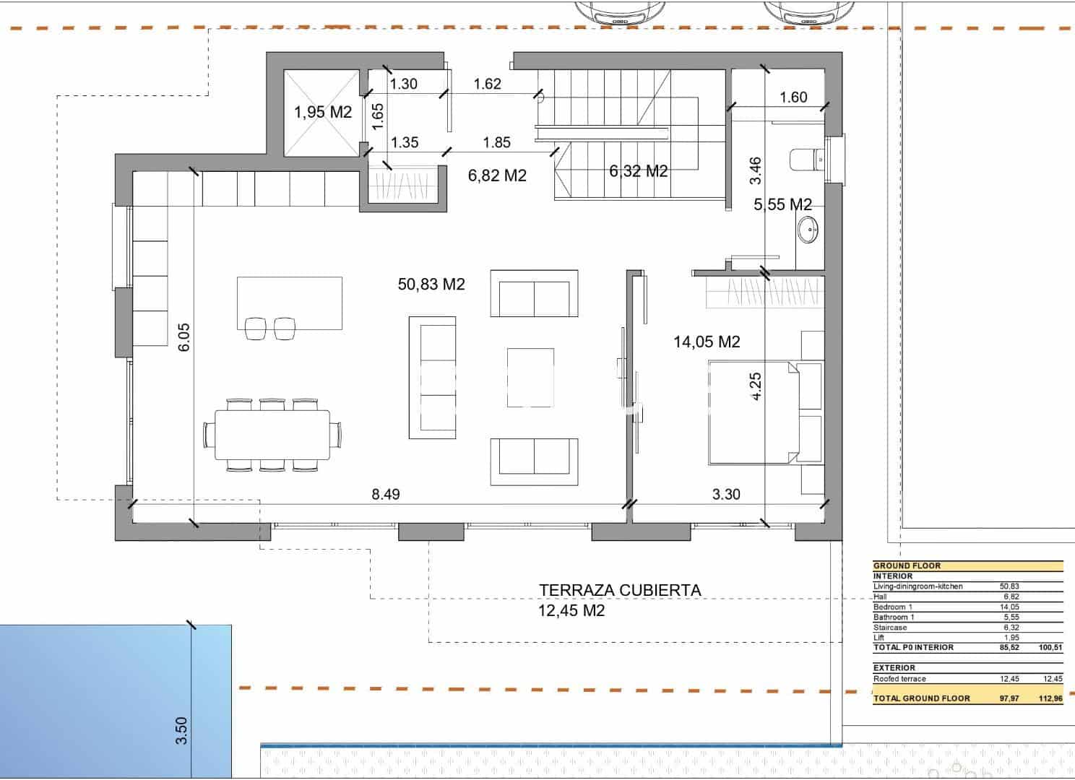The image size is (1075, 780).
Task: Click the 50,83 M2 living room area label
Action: (x=431, y=285)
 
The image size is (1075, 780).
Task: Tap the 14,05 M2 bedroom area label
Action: (x=707, y=342)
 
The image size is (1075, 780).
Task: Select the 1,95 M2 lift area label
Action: (x=322, y=113)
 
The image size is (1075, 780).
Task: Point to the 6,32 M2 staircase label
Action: (x=638, y=171)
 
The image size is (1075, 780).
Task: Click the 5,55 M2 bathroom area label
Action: (x=782, y=205)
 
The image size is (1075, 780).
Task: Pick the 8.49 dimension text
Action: (x=385, y=495)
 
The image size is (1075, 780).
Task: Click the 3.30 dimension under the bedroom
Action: (x=726, y=495)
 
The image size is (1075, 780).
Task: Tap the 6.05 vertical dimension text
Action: (x=184, y=337)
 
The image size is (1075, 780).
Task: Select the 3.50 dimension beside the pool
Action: (x=181, y=730)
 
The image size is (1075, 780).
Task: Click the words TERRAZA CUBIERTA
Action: (x=620, y=590)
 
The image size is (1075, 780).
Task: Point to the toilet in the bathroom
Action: (x=807, y=157)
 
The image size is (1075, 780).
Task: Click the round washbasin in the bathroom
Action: (x=808, y=230)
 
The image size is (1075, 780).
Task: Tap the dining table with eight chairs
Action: (x=272, y=435)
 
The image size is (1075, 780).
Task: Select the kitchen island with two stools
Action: (x=289, y=303)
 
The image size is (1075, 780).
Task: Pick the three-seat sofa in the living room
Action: (x=432, y=377)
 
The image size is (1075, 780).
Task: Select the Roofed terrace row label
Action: (x=899, y=679)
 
